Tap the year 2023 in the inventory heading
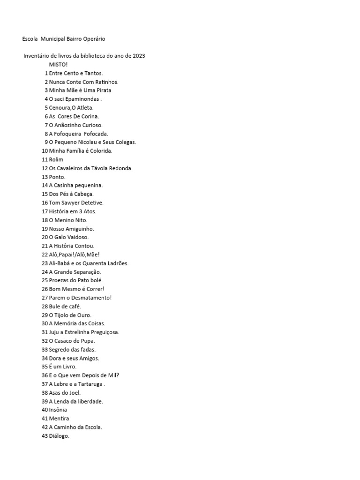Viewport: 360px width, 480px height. [x=139, y=56]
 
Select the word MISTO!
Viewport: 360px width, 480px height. [x=58, y=64]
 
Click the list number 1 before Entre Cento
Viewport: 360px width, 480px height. [x=46, y=73]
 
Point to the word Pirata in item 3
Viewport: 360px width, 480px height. [x=103, y=90]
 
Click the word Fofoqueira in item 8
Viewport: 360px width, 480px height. [x=69, y=134]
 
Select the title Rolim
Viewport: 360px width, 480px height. [x=56, y=159]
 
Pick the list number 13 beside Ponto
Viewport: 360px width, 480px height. [x=45, y=177]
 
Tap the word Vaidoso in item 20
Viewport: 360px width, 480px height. [x=77, y=237]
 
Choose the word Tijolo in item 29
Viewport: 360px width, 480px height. [x=62, y=315]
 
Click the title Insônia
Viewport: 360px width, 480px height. [x=58, y=410]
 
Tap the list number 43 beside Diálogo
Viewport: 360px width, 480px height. [x=45, y=436]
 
